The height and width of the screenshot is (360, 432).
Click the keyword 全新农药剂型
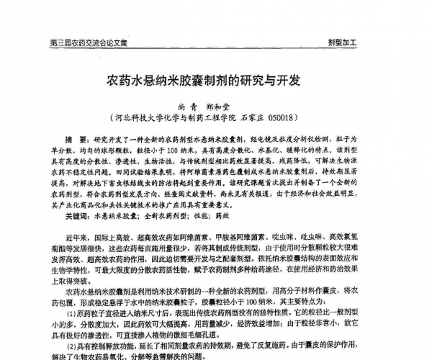point(168,215)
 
